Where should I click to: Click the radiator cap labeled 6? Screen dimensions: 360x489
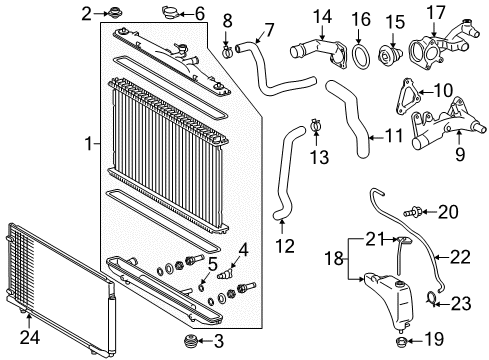(x=168, y=13)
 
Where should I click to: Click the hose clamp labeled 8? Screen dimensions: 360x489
(x=229, y=44)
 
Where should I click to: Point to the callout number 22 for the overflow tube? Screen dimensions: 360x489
(x=459, y=257)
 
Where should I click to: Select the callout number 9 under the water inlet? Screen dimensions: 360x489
(x=459, y=156)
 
